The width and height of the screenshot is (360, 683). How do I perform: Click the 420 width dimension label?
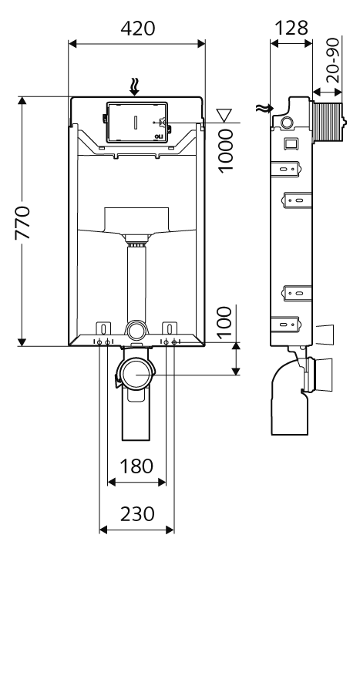(137, 29)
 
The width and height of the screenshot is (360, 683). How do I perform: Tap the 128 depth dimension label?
(291, 29)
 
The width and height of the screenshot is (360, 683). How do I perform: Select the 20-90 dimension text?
(333, 60)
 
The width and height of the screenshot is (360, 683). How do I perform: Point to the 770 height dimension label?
(22, 223)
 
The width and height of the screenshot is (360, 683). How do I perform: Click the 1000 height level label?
(226, 151)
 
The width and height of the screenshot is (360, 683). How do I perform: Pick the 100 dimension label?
(224, 322)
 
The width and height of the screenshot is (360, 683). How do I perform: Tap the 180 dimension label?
(136, 466)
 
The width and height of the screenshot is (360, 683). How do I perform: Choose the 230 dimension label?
(137, 514)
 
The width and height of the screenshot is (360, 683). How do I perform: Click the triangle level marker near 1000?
(225, 115)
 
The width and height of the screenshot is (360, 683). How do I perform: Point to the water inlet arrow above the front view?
(136, 86)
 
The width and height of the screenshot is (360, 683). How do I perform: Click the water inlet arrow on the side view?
(265, 109)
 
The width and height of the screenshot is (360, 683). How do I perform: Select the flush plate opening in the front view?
(137, 123)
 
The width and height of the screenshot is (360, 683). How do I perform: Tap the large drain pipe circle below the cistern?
(136, 374)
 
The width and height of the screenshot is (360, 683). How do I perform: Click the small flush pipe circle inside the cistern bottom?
(136, 330)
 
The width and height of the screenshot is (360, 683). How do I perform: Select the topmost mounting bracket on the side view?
(285, 169)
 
